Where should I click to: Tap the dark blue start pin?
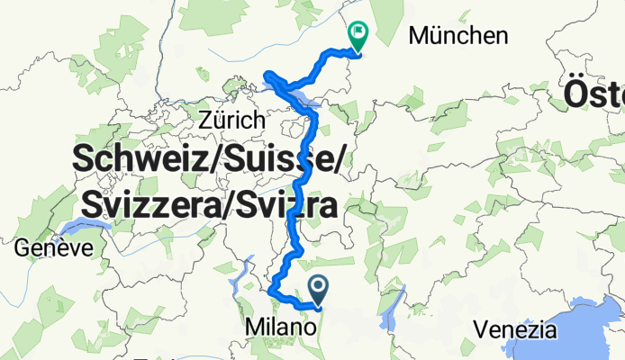click(x=319, y=288)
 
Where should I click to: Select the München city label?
click(x=457, y=36)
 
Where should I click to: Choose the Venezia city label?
click(x=512, y=329)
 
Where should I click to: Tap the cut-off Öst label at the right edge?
click(x=594, y=92)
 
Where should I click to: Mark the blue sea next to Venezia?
click(x=576, y=328)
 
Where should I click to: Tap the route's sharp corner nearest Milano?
click(x=272, y=291)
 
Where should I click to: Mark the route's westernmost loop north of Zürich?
click(x=267, y=75)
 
